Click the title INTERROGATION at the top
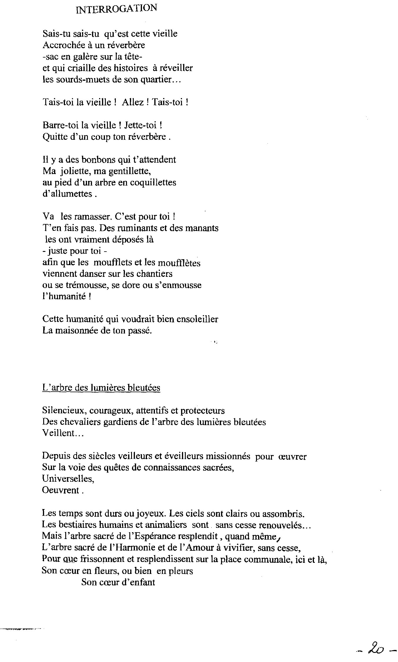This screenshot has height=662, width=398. click(x=116, y=9)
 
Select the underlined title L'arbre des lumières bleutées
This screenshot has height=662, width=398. click(x=101, y=388)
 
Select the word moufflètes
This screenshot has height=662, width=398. click(x=181, y=263)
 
